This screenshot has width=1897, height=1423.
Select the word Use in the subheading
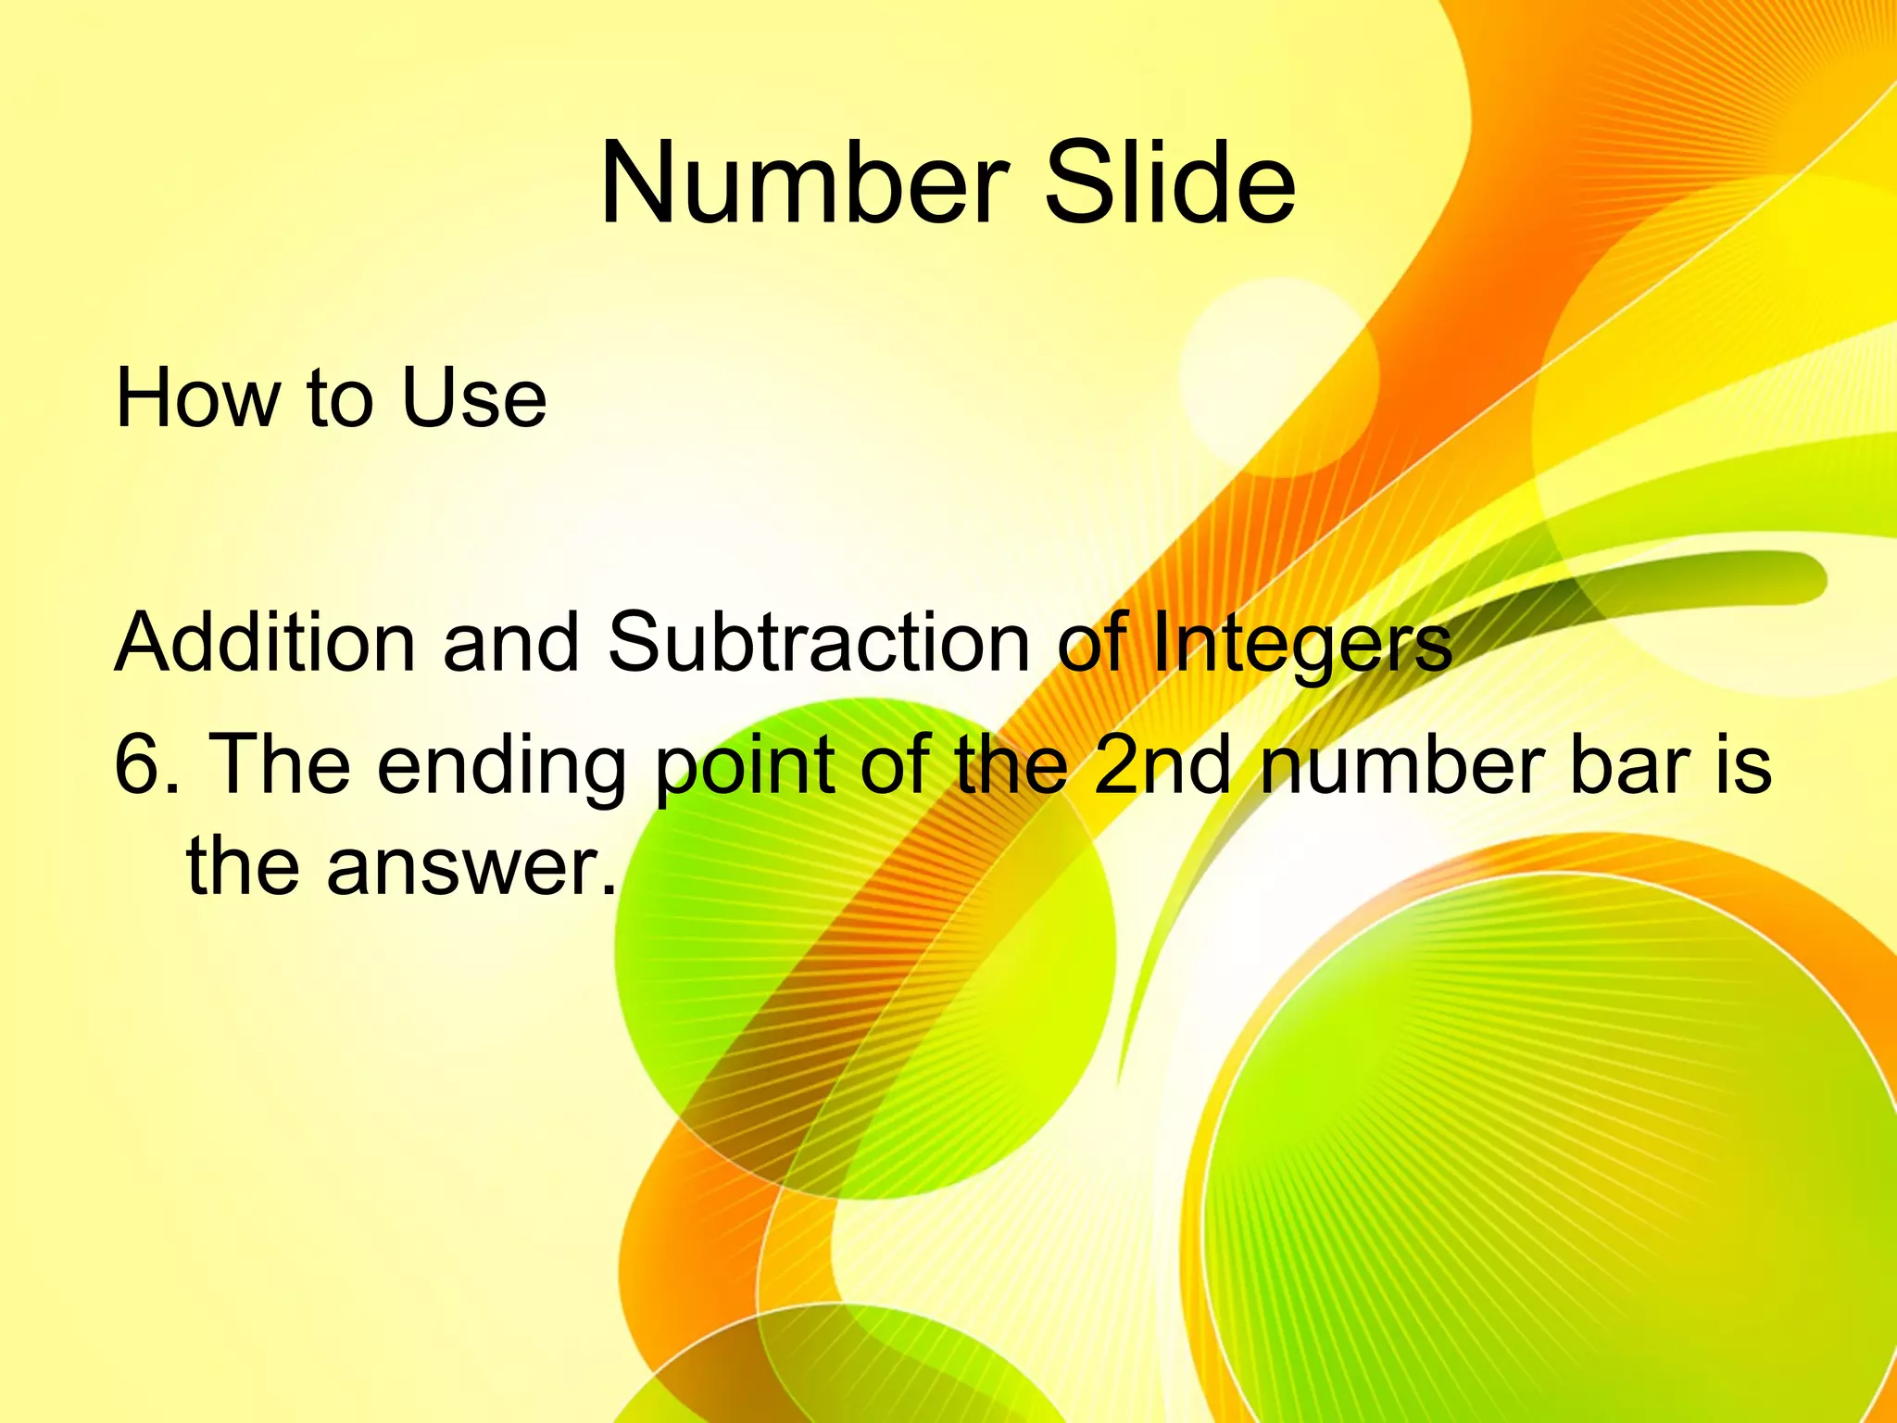pos(473,399)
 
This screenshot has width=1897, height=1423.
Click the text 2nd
pos(1162,765)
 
